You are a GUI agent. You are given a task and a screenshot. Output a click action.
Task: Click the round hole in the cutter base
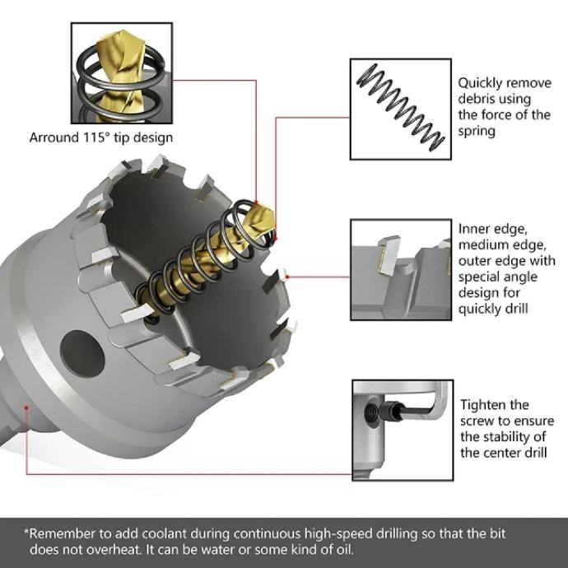tap(82, 353)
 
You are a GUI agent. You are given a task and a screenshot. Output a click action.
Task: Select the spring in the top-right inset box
tap(401, 107)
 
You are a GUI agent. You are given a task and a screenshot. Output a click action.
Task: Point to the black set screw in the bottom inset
tap(390, 412)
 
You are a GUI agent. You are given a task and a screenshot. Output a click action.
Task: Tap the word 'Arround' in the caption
tap(54, 138)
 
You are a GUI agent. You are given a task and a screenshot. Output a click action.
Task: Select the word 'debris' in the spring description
tap(476, 99)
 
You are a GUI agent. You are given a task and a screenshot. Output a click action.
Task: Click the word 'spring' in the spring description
tap(477, 132)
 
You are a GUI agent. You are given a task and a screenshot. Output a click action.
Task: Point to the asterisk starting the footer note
tap(26, 532)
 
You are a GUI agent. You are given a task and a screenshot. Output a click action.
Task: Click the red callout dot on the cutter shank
tap(26, 407)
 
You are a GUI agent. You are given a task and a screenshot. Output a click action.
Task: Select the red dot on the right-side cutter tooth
tap(287, 277)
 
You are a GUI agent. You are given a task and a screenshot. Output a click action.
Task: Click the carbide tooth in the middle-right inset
tap(389, 253)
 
